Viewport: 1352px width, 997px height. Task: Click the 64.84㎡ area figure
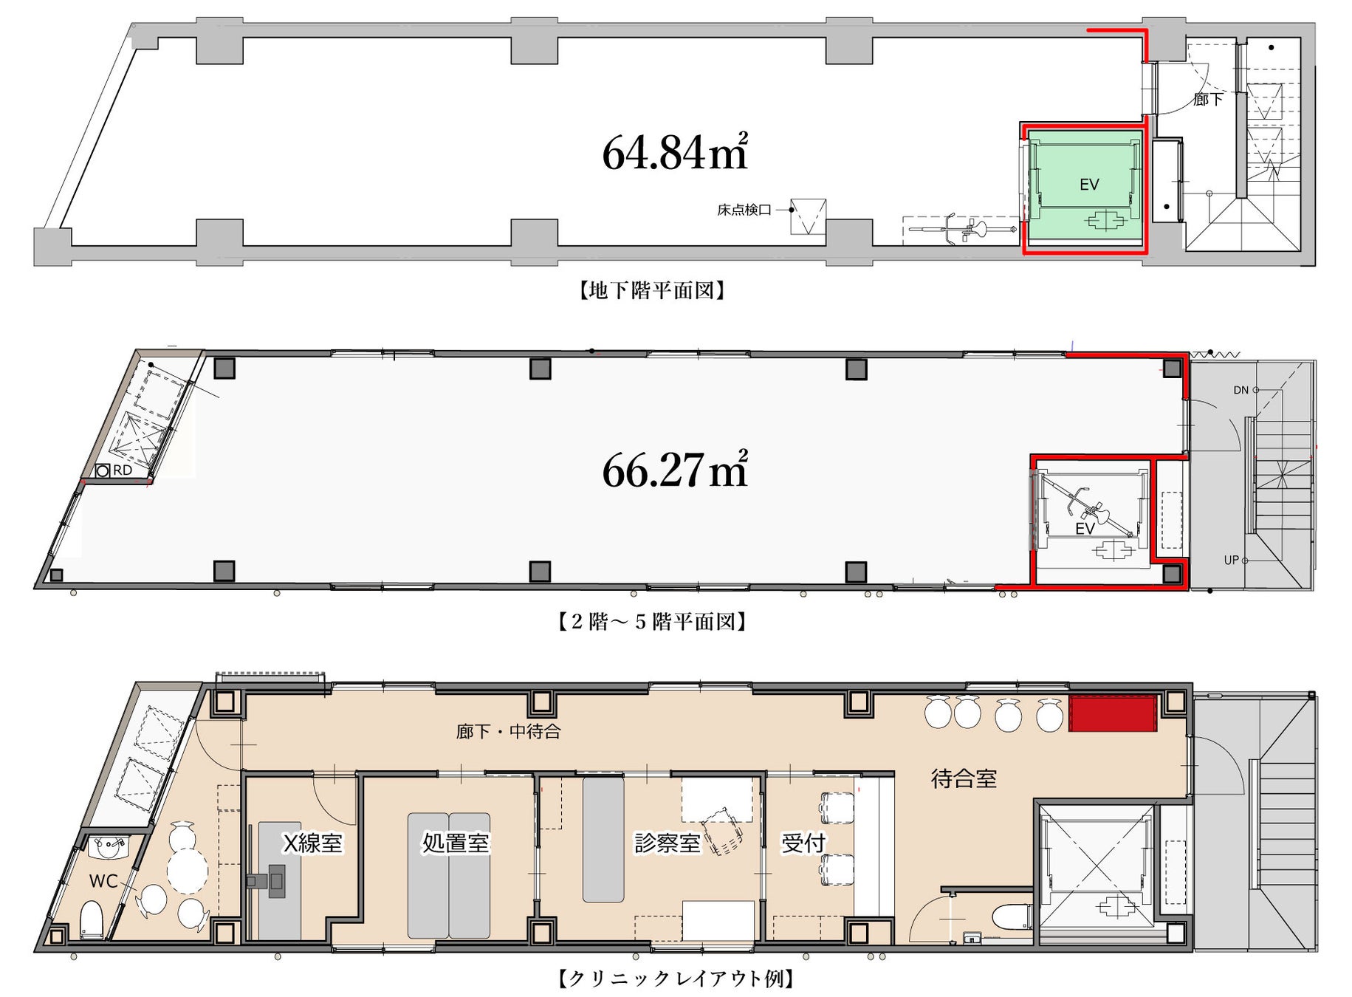pos(675,151)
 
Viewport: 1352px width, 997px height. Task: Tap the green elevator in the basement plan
pos(1084,185)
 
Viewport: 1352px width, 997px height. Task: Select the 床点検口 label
pos(744,210)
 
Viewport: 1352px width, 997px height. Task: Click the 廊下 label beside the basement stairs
pos(1208,99)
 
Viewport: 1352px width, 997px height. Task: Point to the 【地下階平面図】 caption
pos(652,290)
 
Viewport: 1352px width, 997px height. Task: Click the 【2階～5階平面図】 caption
pos(652,622)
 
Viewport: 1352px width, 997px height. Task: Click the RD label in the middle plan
pos(123,470)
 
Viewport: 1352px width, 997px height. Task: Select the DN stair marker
pos(1241,390)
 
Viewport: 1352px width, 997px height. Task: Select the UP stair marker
pos(1232,560)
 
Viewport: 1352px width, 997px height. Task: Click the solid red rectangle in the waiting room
pos(1113,713)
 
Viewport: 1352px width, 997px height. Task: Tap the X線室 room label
pos(313,843)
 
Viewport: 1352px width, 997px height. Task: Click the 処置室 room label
pos(456,843)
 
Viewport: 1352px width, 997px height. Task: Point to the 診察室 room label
pos(668,843)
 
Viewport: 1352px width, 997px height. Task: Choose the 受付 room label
pos(803,843)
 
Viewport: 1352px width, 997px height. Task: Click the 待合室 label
pos(964,778)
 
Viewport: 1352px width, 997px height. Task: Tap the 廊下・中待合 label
pos(509,731)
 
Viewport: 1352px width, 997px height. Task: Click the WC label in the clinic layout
pos(103,881)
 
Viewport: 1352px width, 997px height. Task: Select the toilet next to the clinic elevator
pos(1012,917)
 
